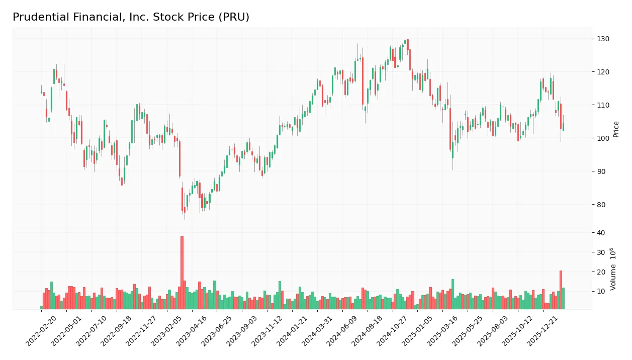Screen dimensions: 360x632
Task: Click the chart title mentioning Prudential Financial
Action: tap(131, 17)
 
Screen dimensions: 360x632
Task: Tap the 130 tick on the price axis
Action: tap(603, 39)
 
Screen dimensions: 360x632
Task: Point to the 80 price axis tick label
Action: tap(601, 205)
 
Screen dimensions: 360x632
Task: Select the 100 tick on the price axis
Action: tap(603, 138)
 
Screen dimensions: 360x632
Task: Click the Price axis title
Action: tap(616, 129)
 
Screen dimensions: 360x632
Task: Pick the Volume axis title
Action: tap(613, 268)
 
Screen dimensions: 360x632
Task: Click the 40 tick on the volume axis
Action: tap(601, 233)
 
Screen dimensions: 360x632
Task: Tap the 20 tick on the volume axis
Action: tap(601, 272)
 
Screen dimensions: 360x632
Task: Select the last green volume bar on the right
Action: tap(563, 298)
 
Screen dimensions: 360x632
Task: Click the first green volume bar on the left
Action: tap(41, 307)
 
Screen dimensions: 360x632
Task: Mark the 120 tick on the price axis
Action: tap(603, 72)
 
